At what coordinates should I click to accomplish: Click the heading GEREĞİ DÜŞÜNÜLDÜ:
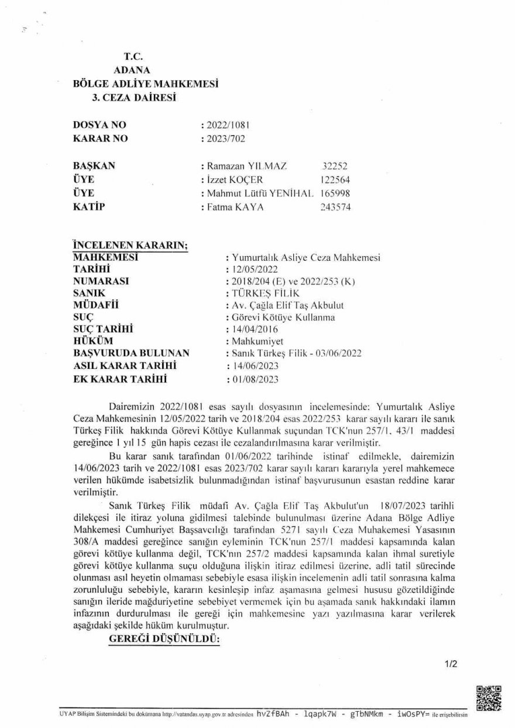[x=164, y=640]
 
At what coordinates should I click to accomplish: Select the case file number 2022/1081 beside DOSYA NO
[x=226, y=125]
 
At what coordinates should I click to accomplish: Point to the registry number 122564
[x=336, y=180]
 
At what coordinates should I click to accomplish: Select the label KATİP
[x=87, y=206]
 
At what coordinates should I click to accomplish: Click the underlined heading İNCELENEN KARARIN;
[x=114, y=244]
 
